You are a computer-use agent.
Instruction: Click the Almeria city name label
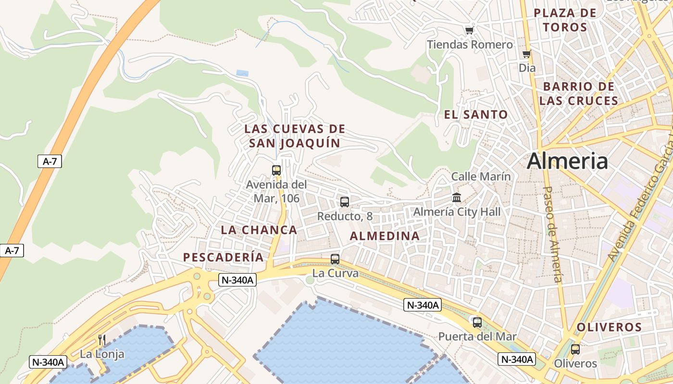click(567, 161)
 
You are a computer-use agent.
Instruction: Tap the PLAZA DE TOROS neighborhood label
click(565, 20)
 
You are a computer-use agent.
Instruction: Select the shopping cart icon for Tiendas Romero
click(469, 31)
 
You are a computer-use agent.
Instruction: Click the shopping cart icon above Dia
click(527, 54)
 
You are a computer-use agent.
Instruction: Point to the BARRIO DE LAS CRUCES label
click(578, 94)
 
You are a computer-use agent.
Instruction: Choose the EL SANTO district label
click(475, 115)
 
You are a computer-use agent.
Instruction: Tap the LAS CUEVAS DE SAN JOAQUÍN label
click(295, 136)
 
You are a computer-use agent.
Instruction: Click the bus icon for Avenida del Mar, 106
click(276, 170)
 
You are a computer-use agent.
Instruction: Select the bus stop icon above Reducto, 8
click(345, 202)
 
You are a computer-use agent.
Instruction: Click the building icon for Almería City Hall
click(457, 197)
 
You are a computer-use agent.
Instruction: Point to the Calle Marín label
click(481, 177)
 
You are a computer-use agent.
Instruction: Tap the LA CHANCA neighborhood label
click(259, 230)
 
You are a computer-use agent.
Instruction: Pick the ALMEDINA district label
click(385, 236)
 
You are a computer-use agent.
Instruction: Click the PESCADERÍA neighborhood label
click(224, 257)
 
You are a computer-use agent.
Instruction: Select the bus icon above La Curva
click(335, 259)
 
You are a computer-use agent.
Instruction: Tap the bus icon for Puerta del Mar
click(477, 323)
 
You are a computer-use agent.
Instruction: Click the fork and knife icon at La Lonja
click(102, 340)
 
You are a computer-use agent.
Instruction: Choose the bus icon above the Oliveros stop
click(575, 349)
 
